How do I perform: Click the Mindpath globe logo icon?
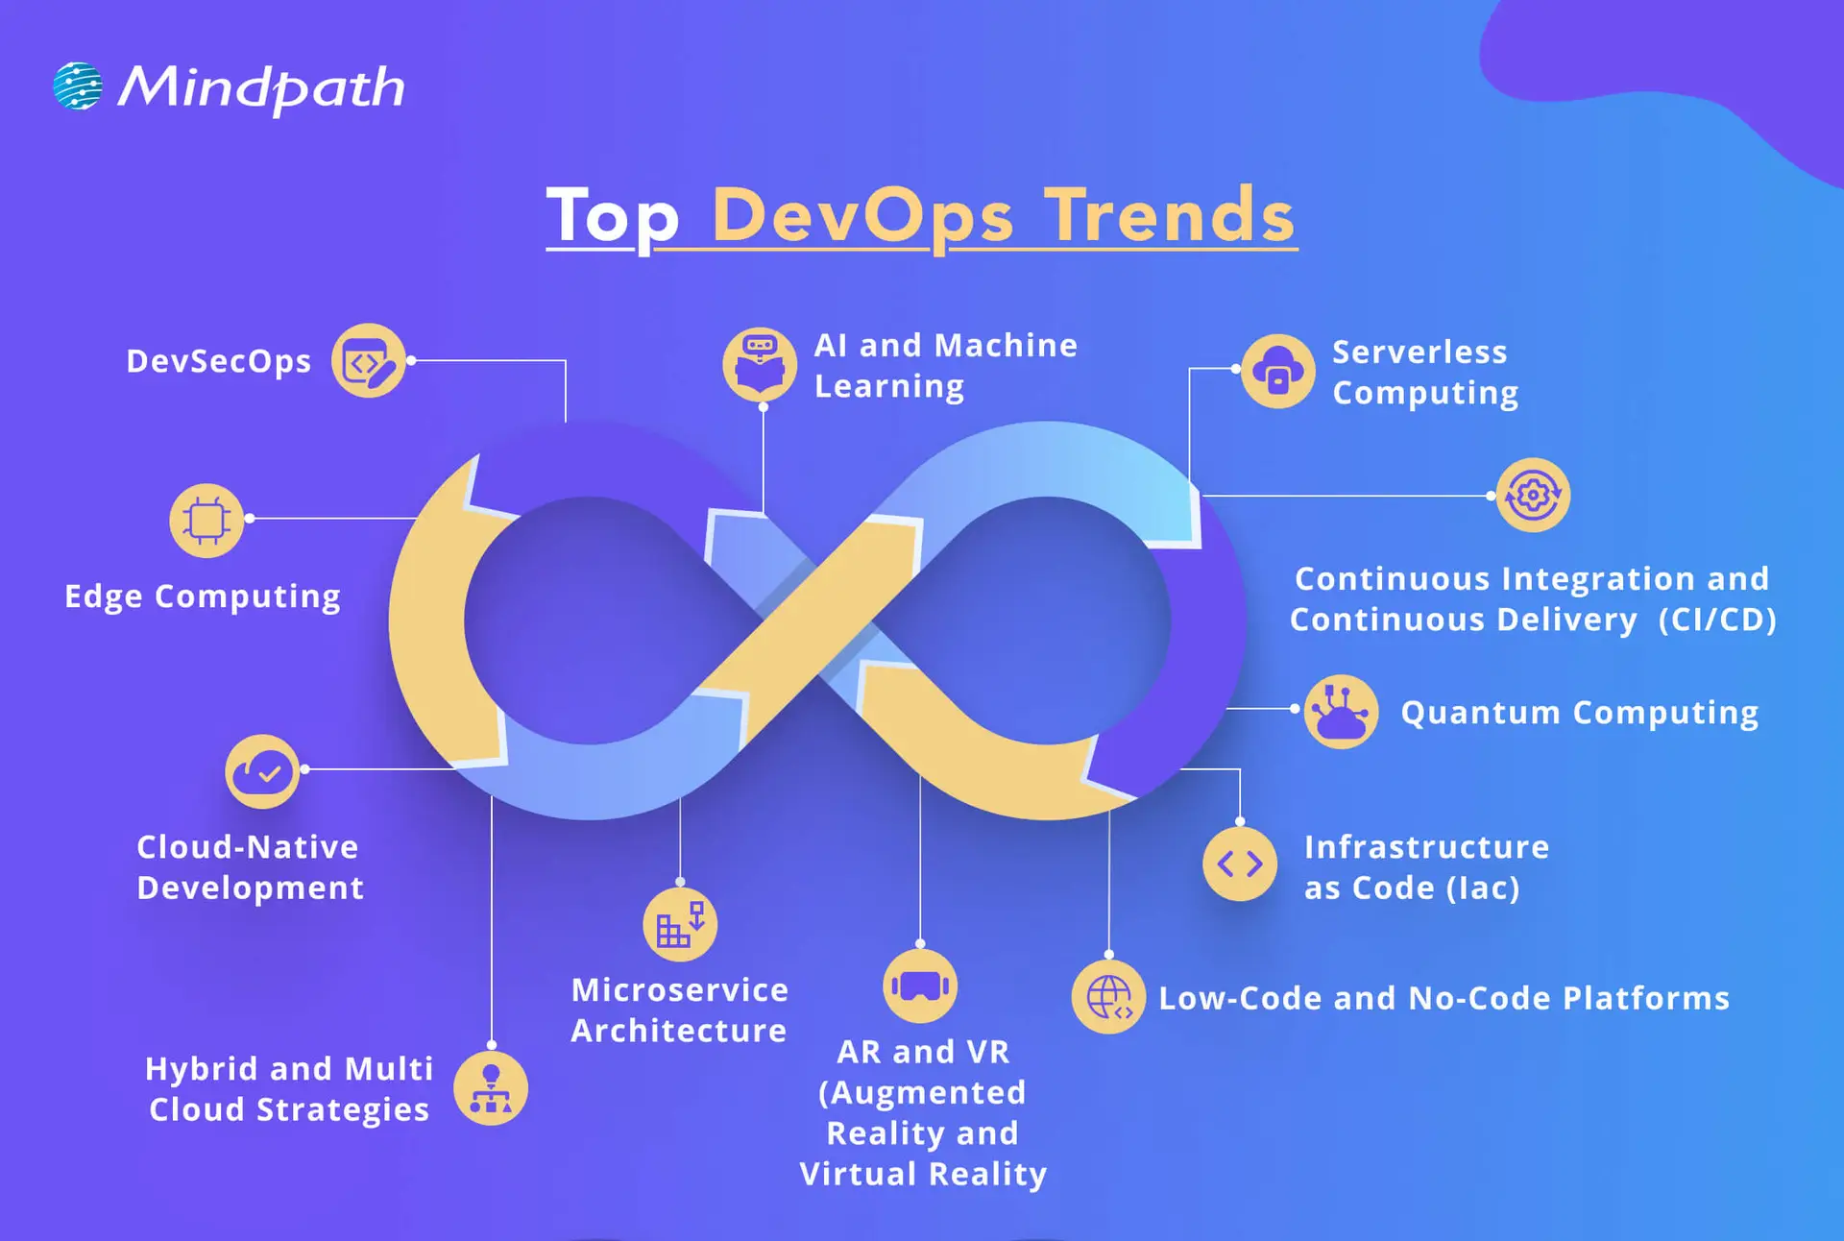pos(78,86)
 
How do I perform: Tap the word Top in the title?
pos(613,216)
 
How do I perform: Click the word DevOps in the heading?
pos(862,216)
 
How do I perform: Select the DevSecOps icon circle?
pos(369,361)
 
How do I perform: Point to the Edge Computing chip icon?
pos(206,520)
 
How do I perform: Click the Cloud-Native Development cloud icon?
pos(262,771)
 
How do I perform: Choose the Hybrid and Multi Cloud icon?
pos(491,1089)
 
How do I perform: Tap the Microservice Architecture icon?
pos(680,925)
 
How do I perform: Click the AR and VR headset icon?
pos(920,986)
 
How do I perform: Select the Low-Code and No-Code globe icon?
pos(1108,997)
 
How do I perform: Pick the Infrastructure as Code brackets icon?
pos(1240,864)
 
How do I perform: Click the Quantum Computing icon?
pos(1341,712)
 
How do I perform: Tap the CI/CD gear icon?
pos(1533,496)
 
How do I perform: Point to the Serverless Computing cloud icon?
pos(1277,372)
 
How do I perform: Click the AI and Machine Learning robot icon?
pos(760,364)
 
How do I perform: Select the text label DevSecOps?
pos(219,361)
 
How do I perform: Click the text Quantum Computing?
pos(1580,713)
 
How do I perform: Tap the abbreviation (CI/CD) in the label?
pos(1717,620)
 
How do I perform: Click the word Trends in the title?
pos(1170,216)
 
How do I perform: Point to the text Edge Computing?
pos(203,596)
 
